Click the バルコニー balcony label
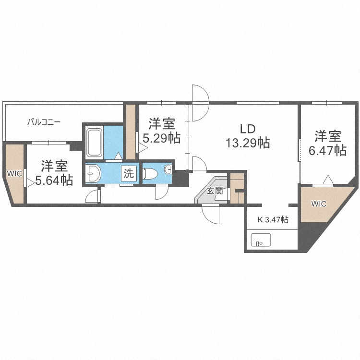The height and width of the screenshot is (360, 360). click(x=44, y=122)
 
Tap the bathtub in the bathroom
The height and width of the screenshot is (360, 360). click(x=95, y=143)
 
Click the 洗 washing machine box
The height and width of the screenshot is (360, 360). click(x=129, y=173)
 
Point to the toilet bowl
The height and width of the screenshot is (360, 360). click(x=150, y=173)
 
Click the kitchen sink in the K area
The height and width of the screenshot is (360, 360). click(x=261, y=240)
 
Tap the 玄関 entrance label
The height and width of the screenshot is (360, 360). click(x=215, y=191)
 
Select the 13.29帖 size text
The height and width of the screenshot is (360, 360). click(x=248, y=143)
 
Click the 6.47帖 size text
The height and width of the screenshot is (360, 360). click(x=327, y=150)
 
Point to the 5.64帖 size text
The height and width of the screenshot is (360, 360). click(x=54, y=180)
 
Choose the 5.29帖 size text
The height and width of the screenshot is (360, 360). click(x=162, y=138)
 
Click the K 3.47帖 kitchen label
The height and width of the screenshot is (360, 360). click(x=273, y=220)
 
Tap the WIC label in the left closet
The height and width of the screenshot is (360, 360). click(x=14, y=174)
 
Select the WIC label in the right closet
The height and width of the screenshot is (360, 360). click(x=319, y=204)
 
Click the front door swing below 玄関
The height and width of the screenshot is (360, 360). click(x=211, y=214)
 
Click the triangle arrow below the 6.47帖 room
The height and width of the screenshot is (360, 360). click(x=328, y=180)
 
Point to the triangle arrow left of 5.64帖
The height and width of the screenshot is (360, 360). click(x=30, y=183)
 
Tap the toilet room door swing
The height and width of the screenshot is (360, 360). click(x=162, y=192)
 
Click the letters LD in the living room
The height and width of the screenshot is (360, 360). click(x=248, y=129)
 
